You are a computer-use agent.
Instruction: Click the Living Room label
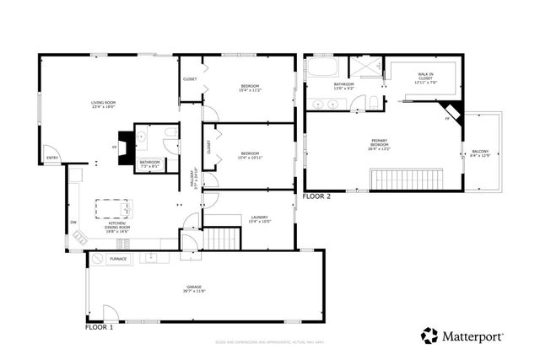(x=103, y=105)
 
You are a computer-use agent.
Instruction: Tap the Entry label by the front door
(x=52, y=158)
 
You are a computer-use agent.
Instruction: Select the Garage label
(x=194, y=290)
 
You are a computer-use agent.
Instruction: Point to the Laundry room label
(x=259, y=220)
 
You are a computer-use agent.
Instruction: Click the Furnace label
(x=118, y=259)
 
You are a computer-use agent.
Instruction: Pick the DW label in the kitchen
(x=73, y=222)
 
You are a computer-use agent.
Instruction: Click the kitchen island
(x=113, y=207)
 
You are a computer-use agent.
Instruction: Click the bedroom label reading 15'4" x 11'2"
(x=251, y=88)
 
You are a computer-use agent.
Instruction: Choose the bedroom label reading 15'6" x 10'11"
(x=251, y=155)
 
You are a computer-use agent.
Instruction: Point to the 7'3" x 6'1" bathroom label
(x=149, y=164)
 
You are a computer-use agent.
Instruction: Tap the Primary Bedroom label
(x=383, y=143)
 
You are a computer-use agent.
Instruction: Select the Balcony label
(x=479, y=154)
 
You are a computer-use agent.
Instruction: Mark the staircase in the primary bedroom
(x=408, y=179)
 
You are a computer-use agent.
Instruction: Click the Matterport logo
(x=462, y=336)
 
